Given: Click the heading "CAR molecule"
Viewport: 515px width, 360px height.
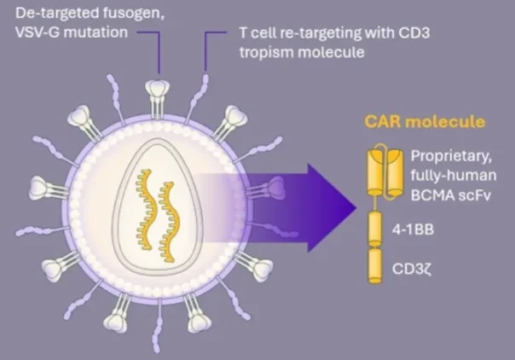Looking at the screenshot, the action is [x=425, y=121].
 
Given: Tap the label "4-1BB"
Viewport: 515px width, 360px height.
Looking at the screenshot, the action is [x=413, y=229].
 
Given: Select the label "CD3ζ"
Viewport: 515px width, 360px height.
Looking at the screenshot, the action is [x=412, y=269].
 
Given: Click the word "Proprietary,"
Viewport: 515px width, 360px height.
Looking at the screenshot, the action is [x=451, y=156].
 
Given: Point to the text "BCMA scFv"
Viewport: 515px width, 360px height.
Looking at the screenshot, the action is [x=450, y=195].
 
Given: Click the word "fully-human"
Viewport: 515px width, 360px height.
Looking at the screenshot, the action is [x=454, y=176].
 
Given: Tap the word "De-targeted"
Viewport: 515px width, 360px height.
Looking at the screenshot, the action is [x=57, y=14].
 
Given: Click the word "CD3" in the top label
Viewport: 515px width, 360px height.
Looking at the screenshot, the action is [x=414, y=33].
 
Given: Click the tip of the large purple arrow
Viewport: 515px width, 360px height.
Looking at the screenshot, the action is [x=356, y=207].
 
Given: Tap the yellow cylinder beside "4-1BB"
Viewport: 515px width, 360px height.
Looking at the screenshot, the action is [x=375, y=229].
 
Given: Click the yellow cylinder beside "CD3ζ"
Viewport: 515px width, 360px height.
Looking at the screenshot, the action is [x=375, y=266].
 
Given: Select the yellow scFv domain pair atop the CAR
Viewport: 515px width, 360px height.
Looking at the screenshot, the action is [x=385, y=172].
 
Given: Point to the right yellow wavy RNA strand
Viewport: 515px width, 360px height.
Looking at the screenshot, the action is [x=168, y=222].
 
